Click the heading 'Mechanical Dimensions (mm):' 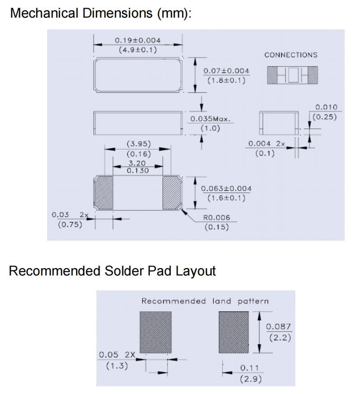click(x=100, y=13)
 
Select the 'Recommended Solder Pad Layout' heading click(x=112, y=271)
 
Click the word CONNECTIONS click(x=291, y=55)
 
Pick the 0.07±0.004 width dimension click(x=226, y=71)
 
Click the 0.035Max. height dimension click(x=210, y=119)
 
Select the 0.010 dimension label click(x=326, y=107)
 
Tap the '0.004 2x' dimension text click(x=267, y=144)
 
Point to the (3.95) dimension click(x=138, y=144)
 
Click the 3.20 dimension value click(x=138, y=162)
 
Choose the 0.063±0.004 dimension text click(x=226, y=189)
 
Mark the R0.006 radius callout click(x=217, y=218)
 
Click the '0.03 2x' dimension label click(x=71, y=214)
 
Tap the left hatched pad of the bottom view click(x=104, y=193)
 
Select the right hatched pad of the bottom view click(x=172, y=193)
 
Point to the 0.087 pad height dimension click(x=278, y=327)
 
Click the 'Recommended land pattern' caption click(x=205, y=301)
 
